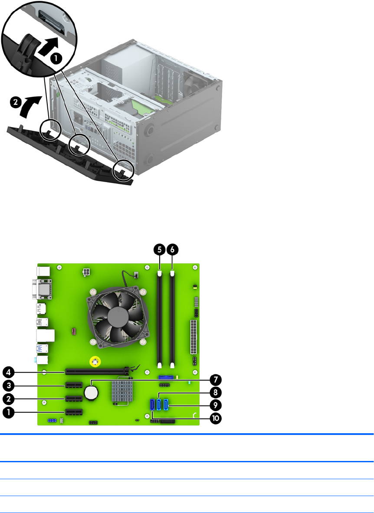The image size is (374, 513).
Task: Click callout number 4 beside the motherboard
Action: pyautogui.click(x=9, y=372)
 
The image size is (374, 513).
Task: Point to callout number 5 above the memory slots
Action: pyautogui.click(x=160, y=250)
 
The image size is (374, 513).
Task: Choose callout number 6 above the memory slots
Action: pyautogui.click(x=173, y=250)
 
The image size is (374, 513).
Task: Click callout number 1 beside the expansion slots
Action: pyautogui.click(x=9, y=412)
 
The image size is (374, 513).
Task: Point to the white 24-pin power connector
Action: pyautogui.click(x=194, y=337)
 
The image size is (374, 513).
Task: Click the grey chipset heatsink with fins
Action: pyautogui.click(x=122, y=391)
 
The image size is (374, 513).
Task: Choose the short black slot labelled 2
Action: pyautogui.click(x=74, y=399)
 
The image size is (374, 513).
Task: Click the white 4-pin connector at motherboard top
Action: pyautogui.click(x=86, y=272)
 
